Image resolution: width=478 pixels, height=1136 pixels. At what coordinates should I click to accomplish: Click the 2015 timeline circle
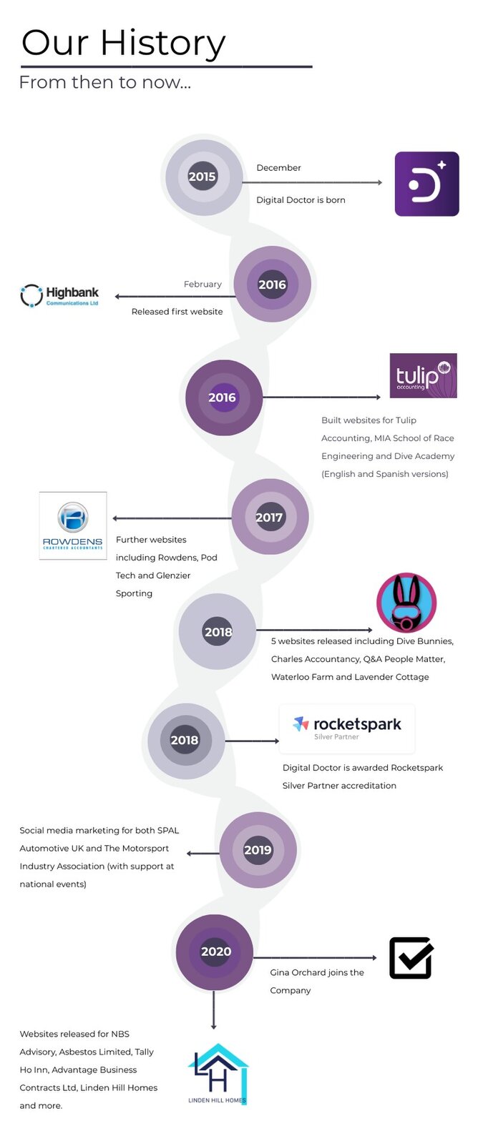pos(203,177)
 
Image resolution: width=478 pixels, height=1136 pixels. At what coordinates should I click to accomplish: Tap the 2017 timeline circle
pos(270,517)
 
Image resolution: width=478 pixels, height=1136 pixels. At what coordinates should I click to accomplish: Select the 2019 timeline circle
pos(258,849)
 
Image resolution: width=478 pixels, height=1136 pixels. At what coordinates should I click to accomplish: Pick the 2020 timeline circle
pos(215,951)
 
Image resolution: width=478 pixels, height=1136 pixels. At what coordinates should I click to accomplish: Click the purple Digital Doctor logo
pos(426,184)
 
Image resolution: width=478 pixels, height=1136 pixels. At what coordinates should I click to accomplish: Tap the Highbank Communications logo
pos(60,296)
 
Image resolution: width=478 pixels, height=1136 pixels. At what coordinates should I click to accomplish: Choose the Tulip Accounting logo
pos(423,376)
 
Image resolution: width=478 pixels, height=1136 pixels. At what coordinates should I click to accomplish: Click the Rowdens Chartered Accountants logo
pos(73,525)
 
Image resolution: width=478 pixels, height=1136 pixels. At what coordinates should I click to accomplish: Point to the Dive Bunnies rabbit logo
pos(406,603)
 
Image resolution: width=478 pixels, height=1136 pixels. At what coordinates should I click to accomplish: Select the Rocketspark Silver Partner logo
pos(347,728)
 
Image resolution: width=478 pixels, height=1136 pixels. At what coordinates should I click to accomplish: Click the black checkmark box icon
pos(411,958)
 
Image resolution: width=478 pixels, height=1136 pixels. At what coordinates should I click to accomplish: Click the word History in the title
pos(163,43)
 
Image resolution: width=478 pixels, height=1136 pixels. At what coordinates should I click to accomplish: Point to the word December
pos(278,168)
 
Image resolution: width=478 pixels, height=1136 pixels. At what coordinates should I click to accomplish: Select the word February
pos(203,285)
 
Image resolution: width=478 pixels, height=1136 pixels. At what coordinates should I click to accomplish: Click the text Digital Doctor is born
pos(301,200)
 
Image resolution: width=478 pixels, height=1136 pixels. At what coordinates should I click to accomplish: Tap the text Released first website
pos(177,312)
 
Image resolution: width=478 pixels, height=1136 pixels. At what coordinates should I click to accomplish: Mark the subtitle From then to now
pos(104,82)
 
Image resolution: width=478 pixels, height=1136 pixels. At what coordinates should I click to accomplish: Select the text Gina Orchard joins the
pos(317,972)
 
